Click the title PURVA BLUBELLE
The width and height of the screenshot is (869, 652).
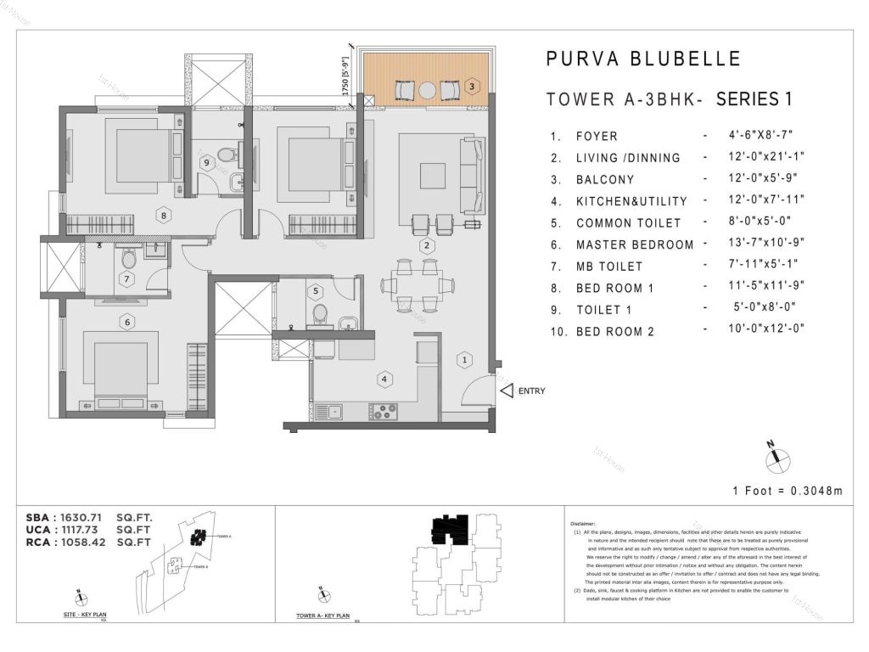(x=643, y=59)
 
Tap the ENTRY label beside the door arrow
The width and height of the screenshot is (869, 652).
(x=531, y=391)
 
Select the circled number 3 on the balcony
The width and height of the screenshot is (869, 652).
(x=473, y=86)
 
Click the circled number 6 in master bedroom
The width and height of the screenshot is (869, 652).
(x=126, y=322)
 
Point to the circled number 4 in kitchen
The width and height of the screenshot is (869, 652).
(x=384, y=379)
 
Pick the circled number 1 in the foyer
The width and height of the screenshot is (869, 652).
(x=464, y=360)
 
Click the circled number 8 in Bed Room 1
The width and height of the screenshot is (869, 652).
(x=163, y=216)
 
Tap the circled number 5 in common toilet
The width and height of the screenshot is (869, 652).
(x=316, y=291)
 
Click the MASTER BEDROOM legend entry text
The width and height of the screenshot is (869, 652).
(x=634, y=244)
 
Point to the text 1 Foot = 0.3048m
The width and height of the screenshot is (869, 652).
(x=788, y=491)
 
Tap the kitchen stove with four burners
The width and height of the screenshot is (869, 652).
(x=384, y=412)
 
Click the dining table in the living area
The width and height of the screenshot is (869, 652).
(x=416, y=284)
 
